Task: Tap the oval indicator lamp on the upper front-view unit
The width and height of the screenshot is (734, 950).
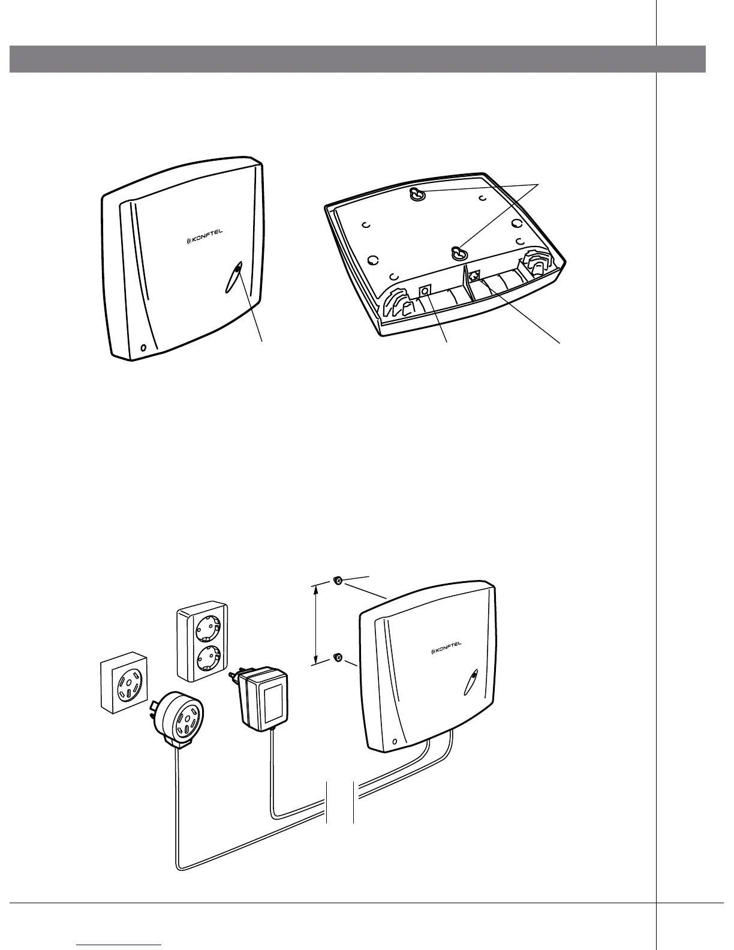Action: point(233,278)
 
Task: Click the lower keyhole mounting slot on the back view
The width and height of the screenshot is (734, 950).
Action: point(459,252)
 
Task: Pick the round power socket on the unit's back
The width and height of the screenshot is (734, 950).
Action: point(425,291)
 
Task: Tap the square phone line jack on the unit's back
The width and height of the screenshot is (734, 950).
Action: point(475,276)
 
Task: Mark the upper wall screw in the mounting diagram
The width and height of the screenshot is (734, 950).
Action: point(338,581)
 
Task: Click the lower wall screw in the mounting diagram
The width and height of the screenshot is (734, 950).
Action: point(337,657)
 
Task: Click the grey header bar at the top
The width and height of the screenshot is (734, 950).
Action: point(357,58)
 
